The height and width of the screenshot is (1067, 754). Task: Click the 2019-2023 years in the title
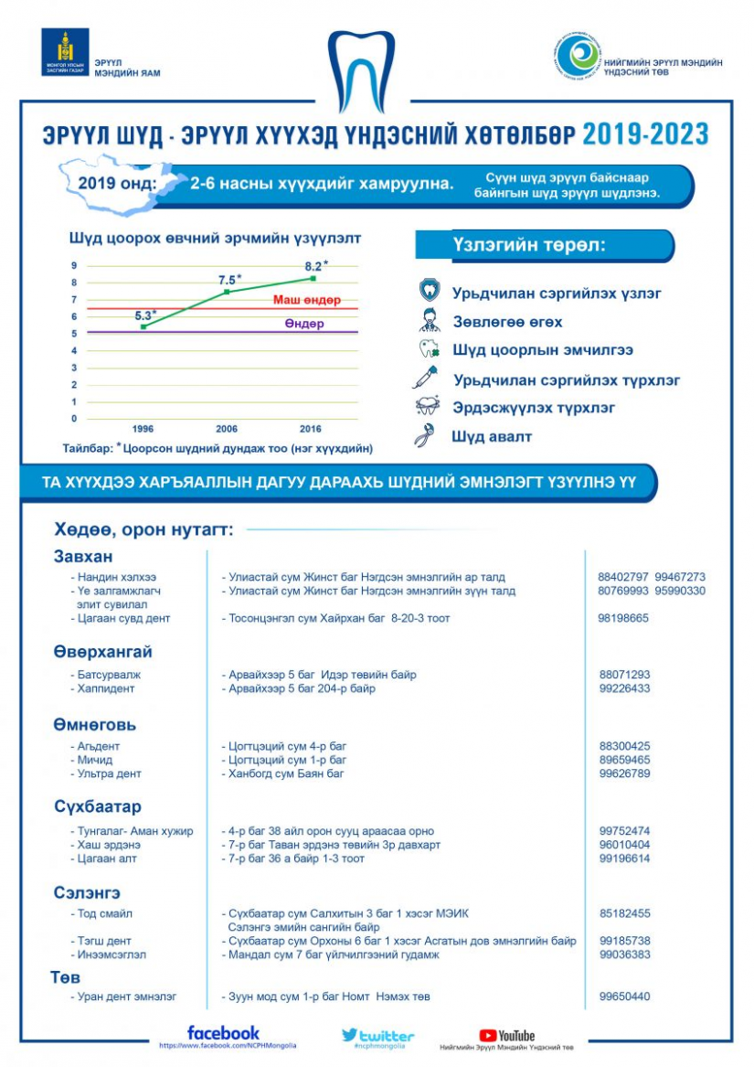click(645, 134)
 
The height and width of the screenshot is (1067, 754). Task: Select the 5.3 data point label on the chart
click(144, 315)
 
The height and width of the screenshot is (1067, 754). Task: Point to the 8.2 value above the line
click(315, 266)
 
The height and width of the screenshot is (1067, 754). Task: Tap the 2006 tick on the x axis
click(227, 429)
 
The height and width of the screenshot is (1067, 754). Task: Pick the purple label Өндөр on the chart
click(303, 324)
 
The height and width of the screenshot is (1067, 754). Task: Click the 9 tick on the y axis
click(75, 266)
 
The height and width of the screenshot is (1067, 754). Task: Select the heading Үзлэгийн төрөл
click(529, 246)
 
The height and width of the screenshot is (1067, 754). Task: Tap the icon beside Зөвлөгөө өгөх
click(429, 321)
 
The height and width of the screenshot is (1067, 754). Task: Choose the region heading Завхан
click(82, 557)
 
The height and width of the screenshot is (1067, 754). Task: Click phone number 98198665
click(623, 619)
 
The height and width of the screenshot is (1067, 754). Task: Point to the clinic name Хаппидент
click(112, 688)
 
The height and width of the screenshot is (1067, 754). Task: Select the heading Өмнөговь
click(94, 725)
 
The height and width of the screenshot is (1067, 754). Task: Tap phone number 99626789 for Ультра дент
click(624, 774)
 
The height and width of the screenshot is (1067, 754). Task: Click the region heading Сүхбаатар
click(97, 807)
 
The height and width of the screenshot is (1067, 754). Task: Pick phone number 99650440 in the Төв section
click(624, 997)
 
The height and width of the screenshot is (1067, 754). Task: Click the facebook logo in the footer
click(223, 1033)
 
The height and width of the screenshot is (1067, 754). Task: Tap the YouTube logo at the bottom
click(507, 1036)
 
